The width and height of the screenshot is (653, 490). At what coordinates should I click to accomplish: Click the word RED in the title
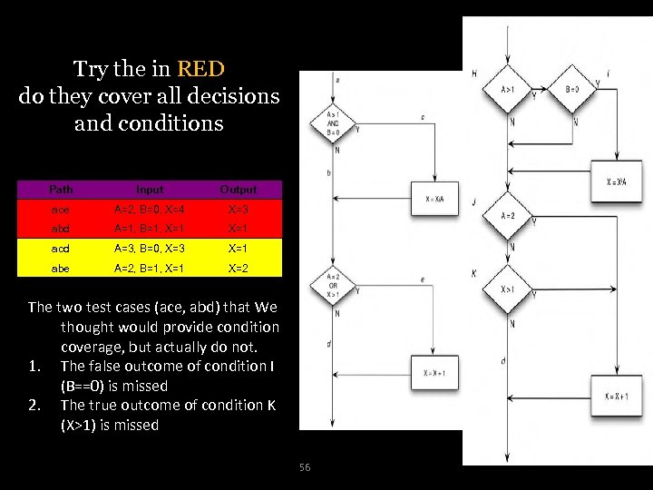click(201, 69)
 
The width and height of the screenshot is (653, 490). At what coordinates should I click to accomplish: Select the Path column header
click(61, 190)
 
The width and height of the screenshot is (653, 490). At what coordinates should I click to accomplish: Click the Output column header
click(239, 190)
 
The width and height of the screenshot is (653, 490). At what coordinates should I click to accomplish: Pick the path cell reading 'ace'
click(61, 209)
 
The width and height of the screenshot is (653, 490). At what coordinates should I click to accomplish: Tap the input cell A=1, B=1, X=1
click(150, 229)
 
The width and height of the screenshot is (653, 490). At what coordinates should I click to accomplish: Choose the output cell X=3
click(239, 209)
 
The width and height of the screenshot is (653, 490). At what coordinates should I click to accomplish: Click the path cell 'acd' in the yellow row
click(61, 248)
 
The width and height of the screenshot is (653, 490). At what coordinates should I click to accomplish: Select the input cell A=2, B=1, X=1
click(150, 268)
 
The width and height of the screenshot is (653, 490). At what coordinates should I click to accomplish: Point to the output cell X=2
click(239, 268)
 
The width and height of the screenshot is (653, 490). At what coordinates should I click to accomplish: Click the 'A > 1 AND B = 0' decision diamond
click(333, 125)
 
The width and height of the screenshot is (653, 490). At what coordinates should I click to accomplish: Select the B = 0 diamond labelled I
click(572, 90)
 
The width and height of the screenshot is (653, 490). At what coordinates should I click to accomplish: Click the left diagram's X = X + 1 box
click(434, 373)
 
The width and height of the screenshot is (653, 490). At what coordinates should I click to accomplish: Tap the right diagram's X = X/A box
click(617, 181)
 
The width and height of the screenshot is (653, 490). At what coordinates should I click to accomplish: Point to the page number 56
click(305, 467)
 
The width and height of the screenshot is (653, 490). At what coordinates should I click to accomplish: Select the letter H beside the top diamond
click(474, 73)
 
